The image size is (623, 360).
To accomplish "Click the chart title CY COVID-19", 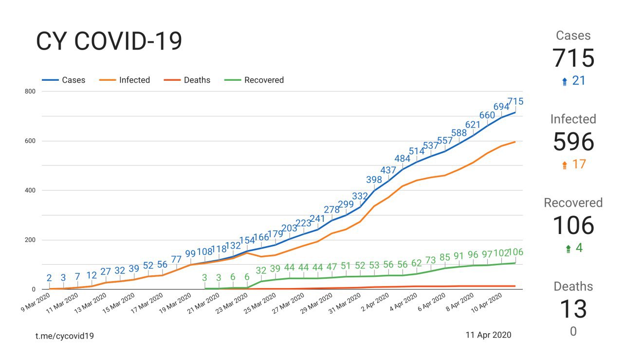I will click(x=109, y=42).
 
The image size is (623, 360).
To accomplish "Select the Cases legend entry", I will click(x=73, y=80).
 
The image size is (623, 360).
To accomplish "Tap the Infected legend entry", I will click(x=134, y=80).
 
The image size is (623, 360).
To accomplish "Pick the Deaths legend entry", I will click(x=197, y=80).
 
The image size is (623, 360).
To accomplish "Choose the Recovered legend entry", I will click(x=264, y=80).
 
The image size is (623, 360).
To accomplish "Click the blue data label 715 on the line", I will click(x=515, y=102).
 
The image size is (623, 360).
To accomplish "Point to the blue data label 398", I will click(x=374, y=180).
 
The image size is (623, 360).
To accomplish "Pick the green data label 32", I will click(x=261, y=270).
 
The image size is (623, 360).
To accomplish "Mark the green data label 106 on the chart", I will click(x=515, y=252).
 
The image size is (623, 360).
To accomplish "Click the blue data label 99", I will click(x=190, y=253).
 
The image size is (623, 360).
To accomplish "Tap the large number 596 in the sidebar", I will click(x=573, y=142).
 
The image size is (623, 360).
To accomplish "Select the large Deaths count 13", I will click(x=573, y=309).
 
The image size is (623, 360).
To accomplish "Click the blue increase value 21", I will click(x=579, y=81).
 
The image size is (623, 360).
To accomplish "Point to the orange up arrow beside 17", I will click(x=565, y=165).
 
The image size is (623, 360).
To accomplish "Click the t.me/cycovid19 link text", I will click(x=65, y=336).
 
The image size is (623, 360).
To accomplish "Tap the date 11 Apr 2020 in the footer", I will click(x=489, y=335).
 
